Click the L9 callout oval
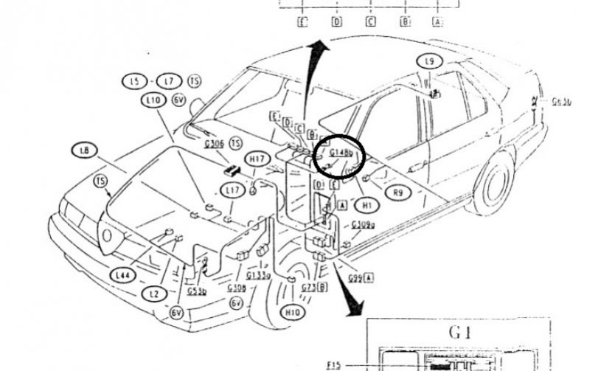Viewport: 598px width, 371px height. click(x=428, y=61)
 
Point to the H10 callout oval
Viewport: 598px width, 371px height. click(x=293, y=313)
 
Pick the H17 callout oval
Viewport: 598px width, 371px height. click(x=257, y=159)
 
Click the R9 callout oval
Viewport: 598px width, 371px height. click(x=397, y=193)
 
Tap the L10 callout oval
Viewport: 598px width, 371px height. click(x=153, y=100)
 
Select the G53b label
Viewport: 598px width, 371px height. click(x=196, y=291)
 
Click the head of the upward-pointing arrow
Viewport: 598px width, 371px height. click(x=318, y=48)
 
